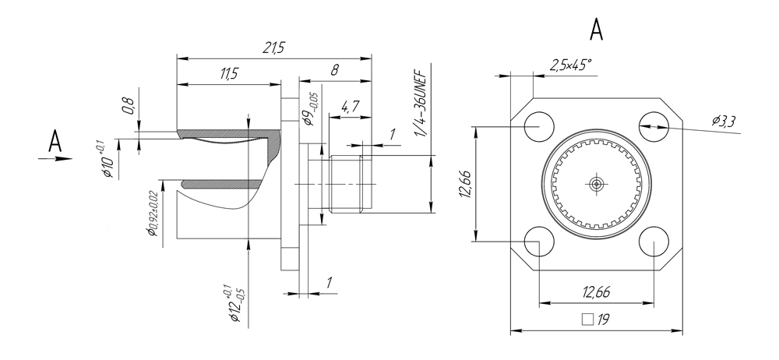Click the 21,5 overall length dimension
coord(273,48)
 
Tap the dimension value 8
coord(334,69)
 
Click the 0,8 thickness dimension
coord(128,104)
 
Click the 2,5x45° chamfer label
coord(570,65)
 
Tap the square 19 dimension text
coord(597,319)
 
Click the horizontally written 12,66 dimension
coord(596,291)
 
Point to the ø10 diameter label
coord(104,161)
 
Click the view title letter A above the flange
coord(597,29)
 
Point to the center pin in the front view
coord(596,184)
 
